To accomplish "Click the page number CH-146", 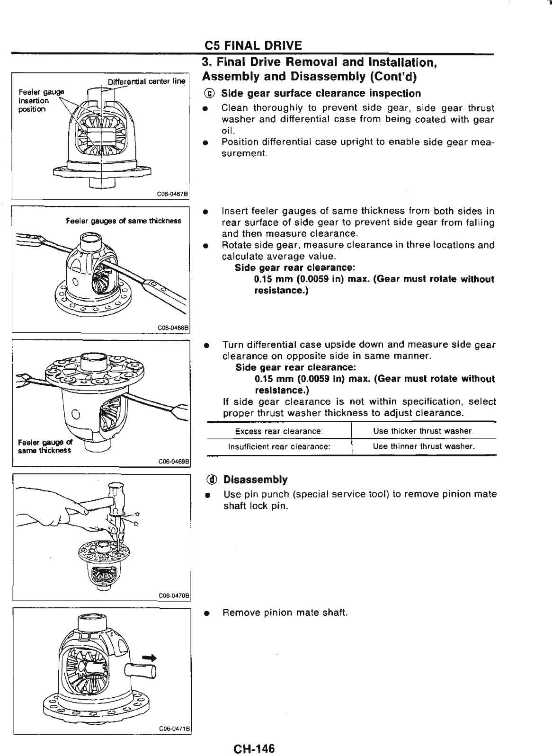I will pyautogui.click(x=253, y=736).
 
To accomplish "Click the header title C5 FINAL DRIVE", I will pyautogui.click(x=253, y=45).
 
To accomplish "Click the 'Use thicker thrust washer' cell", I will pyautogui.click(x=423, y=431).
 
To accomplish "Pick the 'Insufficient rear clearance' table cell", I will pyautogui.click(x=279, y=446).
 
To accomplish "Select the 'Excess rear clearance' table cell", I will pyautogui.click(x=279, y=431).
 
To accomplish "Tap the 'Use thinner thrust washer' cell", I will pyautogui.click(x=423, y=446).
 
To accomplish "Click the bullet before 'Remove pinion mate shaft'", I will pyautogui.click(x=206, y=614).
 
